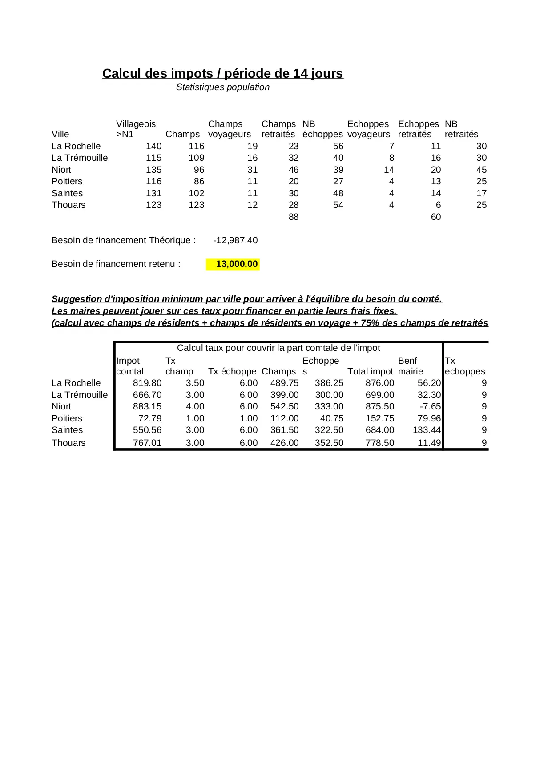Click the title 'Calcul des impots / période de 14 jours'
point(222,73)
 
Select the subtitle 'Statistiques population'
point(222,87)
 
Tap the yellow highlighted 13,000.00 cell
point(233,264)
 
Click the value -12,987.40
point(235,240)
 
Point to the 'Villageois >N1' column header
point(136,129)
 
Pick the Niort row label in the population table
point(61,170)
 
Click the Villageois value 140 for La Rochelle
point(153,146)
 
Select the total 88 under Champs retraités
point(294,217)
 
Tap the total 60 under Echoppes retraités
point(435,217)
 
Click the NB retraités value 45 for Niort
point(481,170)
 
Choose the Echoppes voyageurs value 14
point(389,170)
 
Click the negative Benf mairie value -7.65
point(430,406)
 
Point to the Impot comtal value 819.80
point(147,383)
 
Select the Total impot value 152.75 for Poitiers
point(379,418)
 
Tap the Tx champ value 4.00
point(195,406)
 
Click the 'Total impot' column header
point(370,371)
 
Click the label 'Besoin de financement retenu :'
point(116,264)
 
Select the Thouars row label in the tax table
point(68,443)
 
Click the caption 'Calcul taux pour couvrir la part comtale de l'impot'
point(278,348)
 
